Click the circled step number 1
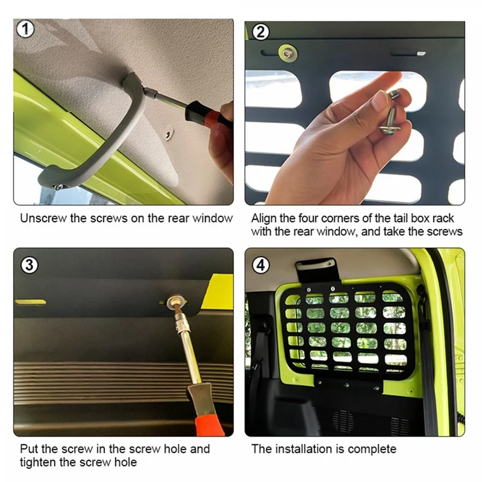[x=25, y=29]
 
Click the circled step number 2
[x=261, y=32]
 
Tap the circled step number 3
[x=30, y=265]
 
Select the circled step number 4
[x=261, y=265]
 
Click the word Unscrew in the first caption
[x=43, y=218]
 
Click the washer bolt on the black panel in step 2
[x=287, y=54]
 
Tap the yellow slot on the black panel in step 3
[x=30, y=302]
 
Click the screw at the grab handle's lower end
[x=58, y=187]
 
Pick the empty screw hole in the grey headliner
[x=168, y=134]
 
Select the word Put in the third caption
[x=29, y=449]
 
